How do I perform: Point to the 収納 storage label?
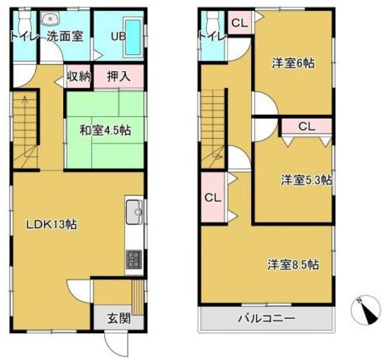tap(78, 77)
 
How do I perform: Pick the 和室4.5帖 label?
tap(105, 130)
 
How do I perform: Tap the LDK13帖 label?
tap(51, 224)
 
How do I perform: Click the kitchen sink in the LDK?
tap(135, 212)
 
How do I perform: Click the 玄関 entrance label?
tap(119, 318)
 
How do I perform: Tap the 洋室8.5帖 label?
tap(293, 264)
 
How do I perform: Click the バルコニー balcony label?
tap(266, 318)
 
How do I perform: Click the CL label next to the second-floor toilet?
tap(239, 24)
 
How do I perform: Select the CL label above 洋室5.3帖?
tap(306, 127)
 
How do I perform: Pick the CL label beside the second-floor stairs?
tap(211, 197)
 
